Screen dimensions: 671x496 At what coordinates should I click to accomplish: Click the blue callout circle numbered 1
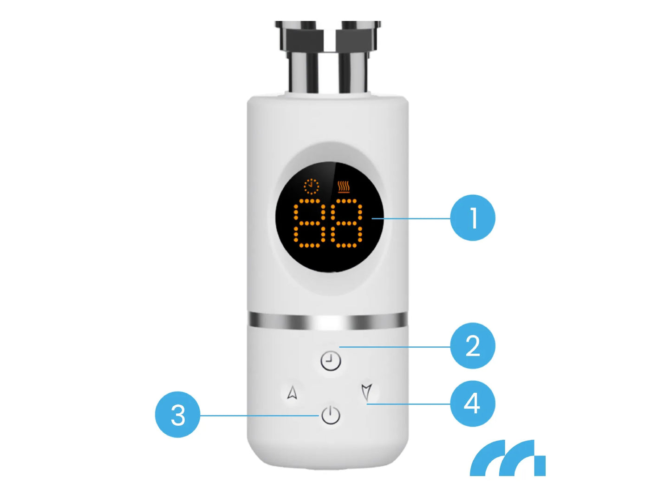coord(472,218)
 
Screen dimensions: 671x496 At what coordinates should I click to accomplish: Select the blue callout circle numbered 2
coord(472,346)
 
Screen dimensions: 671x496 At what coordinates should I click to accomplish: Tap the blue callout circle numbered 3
coord(177,415)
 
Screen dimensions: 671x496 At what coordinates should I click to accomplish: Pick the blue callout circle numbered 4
coord(472,403)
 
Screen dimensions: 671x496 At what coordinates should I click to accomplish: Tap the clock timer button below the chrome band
coord(330,361)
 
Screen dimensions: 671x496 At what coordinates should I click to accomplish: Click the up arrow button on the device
coord(292,392)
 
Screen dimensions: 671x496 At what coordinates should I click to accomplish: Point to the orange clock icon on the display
coord(311,186)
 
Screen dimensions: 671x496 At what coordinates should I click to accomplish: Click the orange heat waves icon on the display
coord(344,187)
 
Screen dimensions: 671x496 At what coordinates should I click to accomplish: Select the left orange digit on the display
coord(309,223)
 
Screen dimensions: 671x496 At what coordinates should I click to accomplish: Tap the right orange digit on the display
coord(346,223)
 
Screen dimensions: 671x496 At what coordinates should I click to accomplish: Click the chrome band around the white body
coord(328,321)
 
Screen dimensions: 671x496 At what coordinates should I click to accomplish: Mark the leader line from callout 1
coord(411,218)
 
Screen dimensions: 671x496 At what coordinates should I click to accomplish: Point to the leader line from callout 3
coord(259,416)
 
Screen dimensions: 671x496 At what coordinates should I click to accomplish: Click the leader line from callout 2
coord(395,347)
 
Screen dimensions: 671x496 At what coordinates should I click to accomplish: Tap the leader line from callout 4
coord(408,404)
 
